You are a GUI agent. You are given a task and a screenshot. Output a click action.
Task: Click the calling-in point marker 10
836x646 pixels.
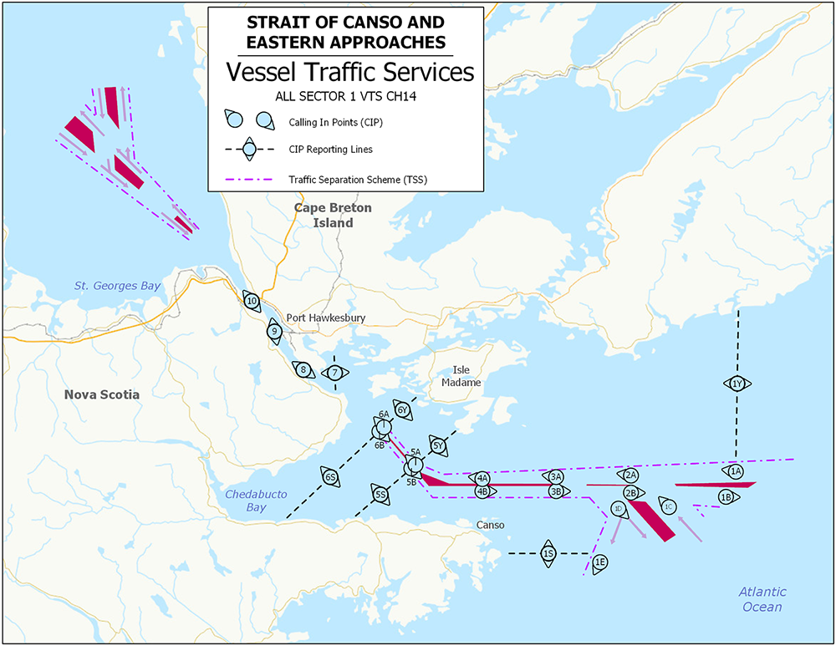click(252, 302)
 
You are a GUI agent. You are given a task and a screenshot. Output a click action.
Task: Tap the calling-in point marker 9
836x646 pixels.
click(274, 331)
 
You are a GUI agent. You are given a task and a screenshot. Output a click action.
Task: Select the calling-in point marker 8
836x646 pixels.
click(304, 369)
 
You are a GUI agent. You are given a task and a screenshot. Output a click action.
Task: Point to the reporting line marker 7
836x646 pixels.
click(334, 373)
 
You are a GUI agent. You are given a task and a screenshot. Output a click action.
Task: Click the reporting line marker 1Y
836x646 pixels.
click(737, 384)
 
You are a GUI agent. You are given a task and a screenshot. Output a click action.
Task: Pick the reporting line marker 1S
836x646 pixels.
click(548, 553)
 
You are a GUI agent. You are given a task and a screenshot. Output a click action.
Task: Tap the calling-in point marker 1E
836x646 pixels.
click(600, 562)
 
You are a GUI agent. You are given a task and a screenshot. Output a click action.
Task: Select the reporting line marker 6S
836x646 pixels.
click(330, 478)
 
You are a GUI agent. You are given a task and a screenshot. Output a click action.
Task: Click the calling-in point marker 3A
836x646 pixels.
click(556, 476)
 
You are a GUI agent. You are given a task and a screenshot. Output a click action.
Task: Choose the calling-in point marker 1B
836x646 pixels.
click(726, 498)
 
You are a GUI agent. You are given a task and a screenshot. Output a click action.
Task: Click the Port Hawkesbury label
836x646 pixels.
click(326, 318)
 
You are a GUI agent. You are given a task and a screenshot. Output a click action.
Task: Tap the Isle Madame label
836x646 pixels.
click(467, 375)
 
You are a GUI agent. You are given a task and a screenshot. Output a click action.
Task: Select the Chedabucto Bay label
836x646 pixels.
click(256, 500)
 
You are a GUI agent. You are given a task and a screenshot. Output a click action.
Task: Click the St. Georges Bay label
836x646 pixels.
click(118, 286)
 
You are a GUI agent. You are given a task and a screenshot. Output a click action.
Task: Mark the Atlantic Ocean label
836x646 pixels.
click(762, 599)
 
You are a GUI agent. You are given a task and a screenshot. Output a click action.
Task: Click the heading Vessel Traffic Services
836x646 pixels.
click(350, 72)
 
